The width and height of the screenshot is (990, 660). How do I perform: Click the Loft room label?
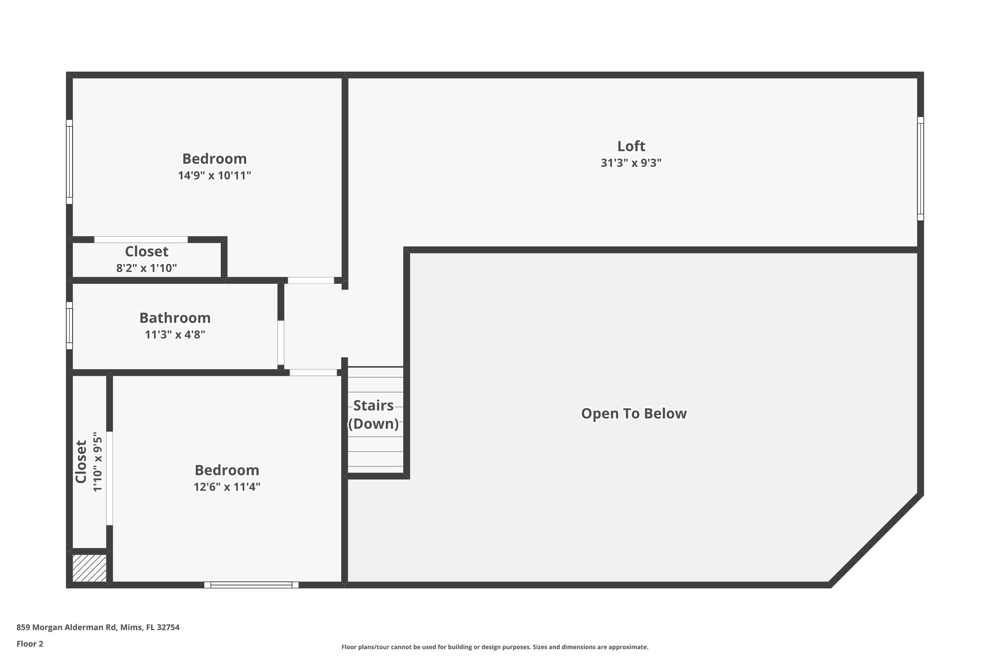(x=631, y=146)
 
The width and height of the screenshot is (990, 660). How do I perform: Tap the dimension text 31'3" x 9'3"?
(x=631, y=163)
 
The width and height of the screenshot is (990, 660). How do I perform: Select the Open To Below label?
(x=634, y=414)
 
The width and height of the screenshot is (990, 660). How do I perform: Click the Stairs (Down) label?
(x=374, y=415)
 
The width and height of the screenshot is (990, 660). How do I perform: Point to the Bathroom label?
(x=175, y=318)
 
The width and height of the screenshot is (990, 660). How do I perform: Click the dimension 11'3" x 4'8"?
(x=175, y=335)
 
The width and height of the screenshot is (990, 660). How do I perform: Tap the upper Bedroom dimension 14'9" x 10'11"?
(x=215, y=176)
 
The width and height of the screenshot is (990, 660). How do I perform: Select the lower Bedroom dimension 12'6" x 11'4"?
(x=227, y=487)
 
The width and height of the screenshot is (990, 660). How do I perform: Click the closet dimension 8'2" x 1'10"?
(x=146, y=268)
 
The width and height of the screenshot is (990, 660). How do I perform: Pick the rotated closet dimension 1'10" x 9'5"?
(x=98, y=462)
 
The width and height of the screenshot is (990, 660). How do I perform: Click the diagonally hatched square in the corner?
(x=89, y=568)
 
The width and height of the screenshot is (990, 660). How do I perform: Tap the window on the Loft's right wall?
(x=920, y=168)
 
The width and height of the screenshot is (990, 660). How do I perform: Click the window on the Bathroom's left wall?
(x=70, y=325)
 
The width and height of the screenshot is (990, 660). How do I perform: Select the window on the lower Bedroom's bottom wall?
(x=251, y=585)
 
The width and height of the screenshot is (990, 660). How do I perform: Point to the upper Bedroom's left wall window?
(x=70, y=161)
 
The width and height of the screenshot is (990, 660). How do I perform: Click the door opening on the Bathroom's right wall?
(x=280, y=343)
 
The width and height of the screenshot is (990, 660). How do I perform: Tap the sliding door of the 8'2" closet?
(x=141, y=240)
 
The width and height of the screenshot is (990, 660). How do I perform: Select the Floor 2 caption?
(x=30, y=644)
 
